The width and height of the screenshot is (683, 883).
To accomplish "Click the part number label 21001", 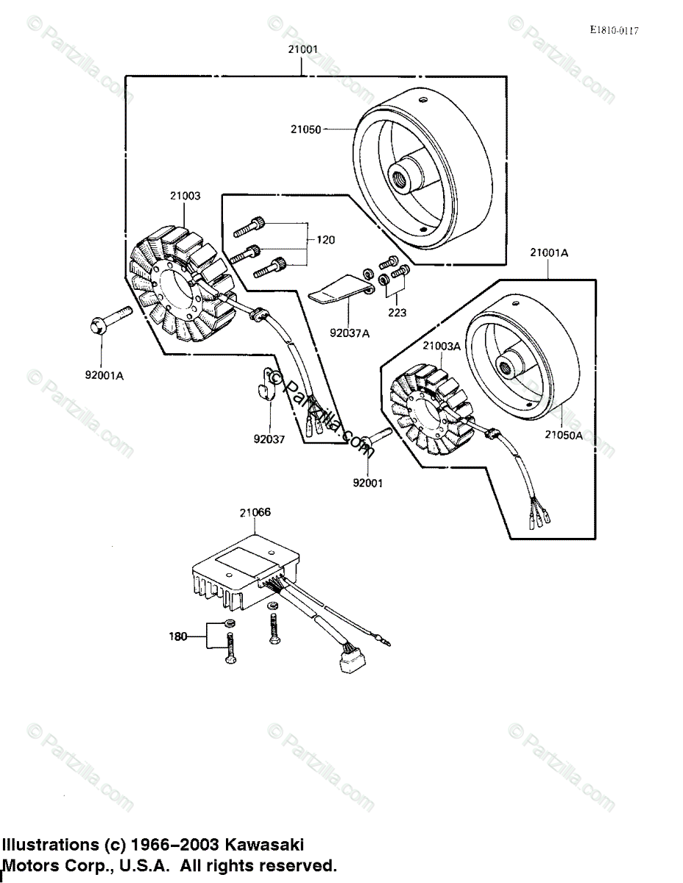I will click(x=303, y=50).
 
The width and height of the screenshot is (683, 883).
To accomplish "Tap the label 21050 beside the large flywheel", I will click(x=305, y=129).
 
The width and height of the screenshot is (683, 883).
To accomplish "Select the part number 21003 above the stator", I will click(x=185, y=196).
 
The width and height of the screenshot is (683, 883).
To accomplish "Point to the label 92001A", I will click(x=104, y=375).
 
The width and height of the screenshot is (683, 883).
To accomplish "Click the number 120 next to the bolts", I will click(x=326, y=240).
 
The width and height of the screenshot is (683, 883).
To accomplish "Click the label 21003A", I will click(x=440, y=345).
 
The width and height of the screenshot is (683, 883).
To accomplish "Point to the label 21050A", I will click(x=564, y=434).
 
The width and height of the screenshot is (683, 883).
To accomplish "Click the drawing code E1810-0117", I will click(x=614, y=30).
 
